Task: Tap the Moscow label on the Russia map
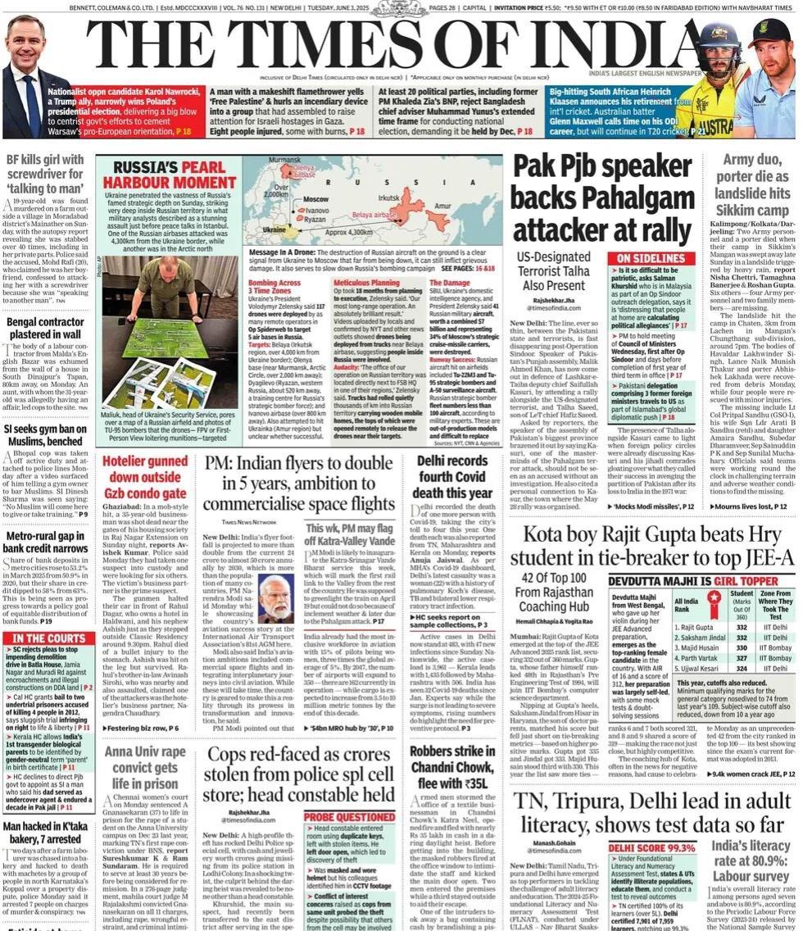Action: [315, 198]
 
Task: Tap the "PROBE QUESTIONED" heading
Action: [350, 816]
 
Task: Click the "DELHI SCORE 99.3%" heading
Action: [653, 848]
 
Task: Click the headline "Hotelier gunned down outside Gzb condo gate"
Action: [144, 478]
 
